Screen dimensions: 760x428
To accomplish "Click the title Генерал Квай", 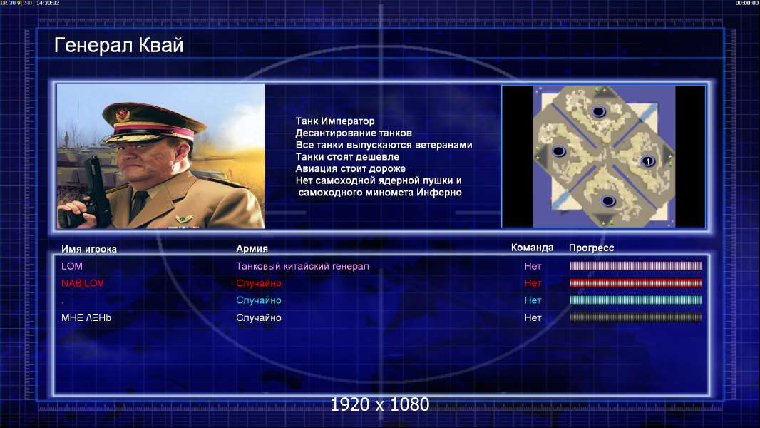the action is click(119, 46).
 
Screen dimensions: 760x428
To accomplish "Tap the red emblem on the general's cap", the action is click(123, 114).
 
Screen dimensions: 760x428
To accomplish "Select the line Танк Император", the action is click(335, 121).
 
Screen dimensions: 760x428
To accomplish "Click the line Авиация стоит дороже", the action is click(351, 168).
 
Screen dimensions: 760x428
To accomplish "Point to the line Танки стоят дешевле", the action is click(347, 156).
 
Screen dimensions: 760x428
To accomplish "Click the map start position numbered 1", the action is click(647, 161).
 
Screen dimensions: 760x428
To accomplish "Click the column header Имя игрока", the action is click(88, 249).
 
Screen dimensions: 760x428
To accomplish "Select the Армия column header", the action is click(252, 248).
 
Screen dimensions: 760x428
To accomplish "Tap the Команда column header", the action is click(532, 248).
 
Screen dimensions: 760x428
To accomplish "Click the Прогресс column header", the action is click(591, 248).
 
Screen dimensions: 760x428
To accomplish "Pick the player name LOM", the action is click(72, 266).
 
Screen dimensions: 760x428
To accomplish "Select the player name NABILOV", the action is click(83, 283).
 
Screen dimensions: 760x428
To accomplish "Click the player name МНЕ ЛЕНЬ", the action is click(86, 317).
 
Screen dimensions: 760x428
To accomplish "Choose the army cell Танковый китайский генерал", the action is click(302, 266).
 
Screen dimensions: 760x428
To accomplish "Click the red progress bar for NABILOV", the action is click(636, 283).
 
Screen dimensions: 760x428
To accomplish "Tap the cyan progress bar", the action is click(636, 300).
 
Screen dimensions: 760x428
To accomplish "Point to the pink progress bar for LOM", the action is click(636, 265).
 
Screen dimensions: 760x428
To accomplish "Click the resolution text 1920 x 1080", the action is click(379, 404).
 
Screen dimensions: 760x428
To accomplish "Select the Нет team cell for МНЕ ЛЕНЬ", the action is click(533, 317).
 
